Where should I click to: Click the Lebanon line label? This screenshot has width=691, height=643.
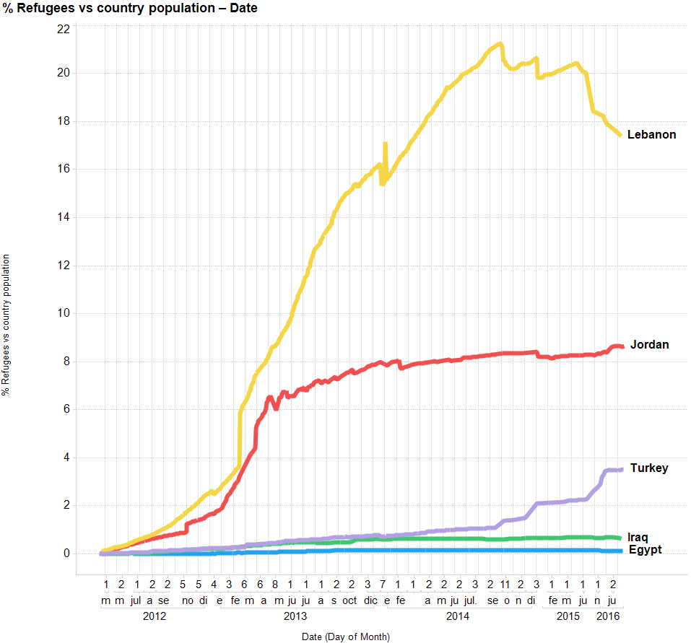coord(651,134)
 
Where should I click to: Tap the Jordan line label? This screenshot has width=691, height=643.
coord(649,344)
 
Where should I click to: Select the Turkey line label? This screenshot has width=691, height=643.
coord(649,468)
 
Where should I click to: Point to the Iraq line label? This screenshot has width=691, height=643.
coord(638,537)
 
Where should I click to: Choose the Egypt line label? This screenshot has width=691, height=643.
coord(645,550)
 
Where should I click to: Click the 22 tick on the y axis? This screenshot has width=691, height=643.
coord(64,29)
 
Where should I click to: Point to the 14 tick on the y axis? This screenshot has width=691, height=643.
coord(64,216)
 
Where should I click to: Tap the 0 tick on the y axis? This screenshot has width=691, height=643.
coord(66,554)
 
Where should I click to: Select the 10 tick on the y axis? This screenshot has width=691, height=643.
coord(64,312)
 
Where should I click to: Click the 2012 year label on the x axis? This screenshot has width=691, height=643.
coord(155,616)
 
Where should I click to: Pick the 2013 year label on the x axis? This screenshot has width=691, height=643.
coord(295,616)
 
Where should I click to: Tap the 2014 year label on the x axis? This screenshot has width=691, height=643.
coord(458,616)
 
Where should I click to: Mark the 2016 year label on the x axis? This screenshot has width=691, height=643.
coord(607,616)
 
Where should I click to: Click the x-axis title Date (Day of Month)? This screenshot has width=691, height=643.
coord(346,637)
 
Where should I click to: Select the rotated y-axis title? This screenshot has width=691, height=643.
coord(6,325)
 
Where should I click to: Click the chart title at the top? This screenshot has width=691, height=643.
coord(130,9)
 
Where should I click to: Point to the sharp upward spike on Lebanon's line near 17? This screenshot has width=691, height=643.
coord(385,144)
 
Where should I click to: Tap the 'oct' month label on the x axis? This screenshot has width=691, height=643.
coord(349,600)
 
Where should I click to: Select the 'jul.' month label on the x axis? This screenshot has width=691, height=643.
coord(470,600)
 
